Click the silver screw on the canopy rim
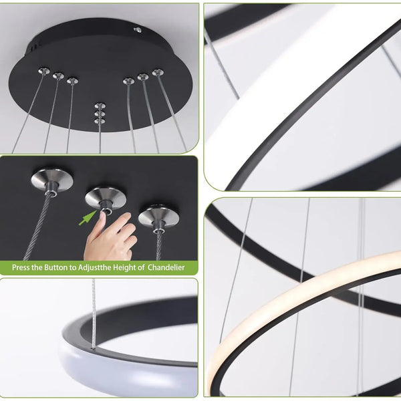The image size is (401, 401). tap(138, 30)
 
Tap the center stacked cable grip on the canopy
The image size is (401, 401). tap(100, 114)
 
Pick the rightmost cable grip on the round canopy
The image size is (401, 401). tap(158, 72)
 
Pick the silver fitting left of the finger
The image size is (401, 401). tap(51, 180)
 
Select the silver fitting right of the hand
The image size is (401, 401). tap(158, 217)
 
